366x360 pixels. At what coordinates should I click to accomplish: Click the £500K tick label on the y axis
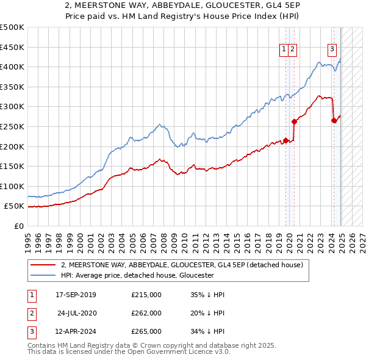pos(12,27)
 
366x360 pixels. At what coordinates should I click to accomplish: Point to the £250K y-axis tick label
pos(12,126)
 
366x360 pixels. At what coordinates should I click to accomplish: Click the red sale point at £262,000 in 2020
pos(295,121)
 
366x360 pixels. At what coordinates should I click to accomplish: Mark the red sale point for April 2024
pos(334,121)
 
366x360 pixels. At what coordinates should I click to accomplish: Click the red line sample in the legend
pos(43,265)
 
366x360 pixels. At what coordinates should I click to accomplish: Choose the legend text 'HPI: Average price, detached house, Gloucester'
pos(137,275)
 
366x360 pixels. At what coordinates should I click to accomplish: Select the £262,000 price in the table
pos(146,313)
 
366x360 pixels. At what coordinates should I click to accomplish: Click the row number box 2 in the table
pos(31,313)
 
